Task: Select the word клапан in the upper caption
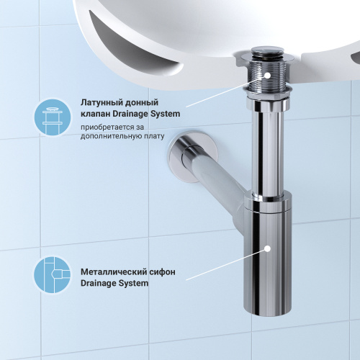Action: coord(96,114)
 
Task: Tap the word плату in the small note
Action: coord(155,137)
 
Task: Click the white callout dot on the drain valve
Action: coord(265,74)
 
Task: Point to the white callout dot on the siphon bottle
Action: coord(266,248)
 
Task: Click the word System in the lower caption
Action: coord(134,284)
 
